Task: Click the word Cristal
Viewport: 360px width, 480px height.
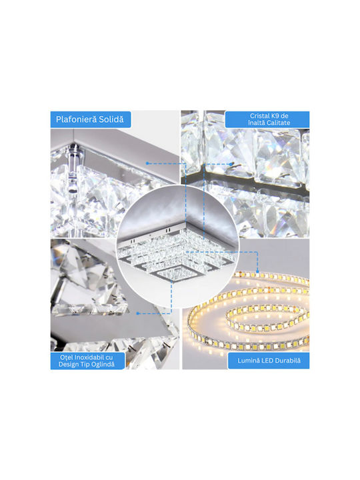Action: tap(260, 116)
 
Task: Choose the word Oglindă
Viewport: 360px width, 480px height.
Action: tap(104, 364)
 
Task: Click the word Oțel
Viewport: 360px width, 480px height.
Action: tap(67, 357)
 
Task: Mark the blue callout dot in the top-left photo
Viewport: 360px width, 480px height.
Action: tap(147, 163)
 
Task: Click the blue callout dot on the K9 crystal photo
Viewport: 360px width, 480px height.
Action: tap(231, 164)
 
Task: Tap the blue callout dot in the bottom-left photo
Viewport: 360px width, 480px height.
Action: tap(138, 313)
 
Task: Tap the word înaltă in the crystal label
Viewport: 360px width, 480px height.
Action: tap(257, 123)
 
